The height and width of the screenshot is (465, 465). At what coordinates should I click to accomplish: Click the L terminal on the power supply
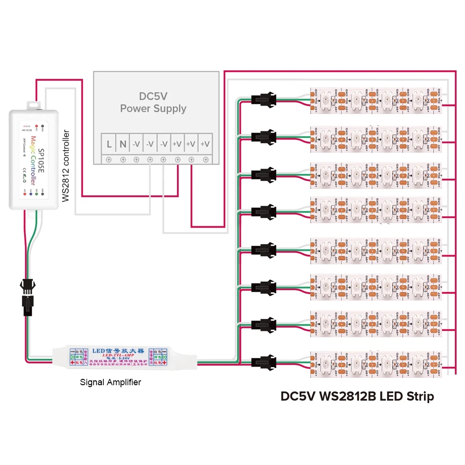point(109,144)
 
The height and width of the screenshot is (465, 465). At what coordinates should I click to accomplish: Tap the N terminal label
point(123,144)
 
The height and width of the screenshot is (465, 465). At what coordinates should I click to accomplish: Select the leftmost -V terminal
point(137,144)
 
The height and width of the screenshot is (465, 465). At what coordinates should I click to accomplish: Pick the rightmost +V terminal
point(205,144)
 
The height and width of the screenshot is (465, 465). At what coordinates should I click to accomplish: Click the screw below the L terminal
point(109,160)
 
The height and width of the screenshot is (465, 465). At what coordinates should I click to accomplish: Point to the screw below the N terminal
point(123,160)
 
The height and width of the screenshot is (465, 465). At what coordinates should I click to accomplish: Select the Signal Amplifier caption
point(110,382)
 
